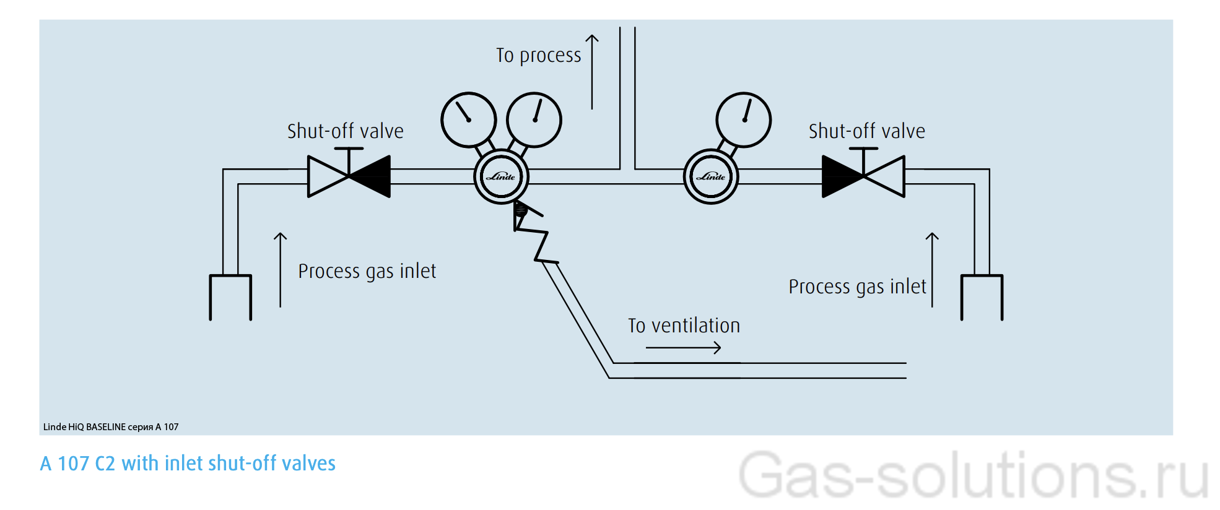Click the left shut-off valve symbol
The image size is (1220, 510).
pos(349,176)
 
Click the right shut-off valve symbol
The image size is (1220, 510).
pos(863,176)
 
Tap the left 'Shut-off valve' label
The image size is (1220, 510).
pos(345,131)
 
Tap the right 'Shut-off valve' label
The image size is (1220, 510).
pos(866,131)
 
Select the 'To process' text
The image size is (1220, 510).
pos(538,56)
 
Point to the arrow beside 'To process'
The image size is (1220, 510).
pos(592,71)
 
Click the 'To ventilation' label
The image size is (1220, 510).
pos(684,326)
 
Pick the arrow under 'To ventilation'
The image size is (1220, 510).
pos(683,348)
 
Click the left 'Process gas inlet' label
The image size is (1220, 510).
pos(367,271)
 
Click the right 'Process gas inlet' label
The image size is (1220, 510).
pos(857,287)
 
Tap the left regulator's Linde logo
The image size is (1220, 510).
pos(501,177)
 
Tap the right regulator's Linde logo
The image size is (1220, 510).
pos(711,177)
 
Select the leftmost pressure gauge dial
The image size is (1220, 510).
pos(469,120)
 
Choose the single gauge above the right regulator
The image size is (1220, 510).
pos(743,120)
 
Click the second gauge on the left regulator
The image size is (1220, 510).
pos(534,120)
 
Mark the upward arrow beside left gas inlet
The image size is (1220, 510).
pos(281,269)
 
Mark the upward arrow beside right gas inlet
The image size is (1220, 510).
pos(932,269)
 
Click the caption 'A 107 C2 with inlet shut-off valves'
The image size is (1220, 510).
pos(188,464)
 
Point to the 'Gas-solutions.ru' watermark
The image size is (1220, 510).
pos(973,475)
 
